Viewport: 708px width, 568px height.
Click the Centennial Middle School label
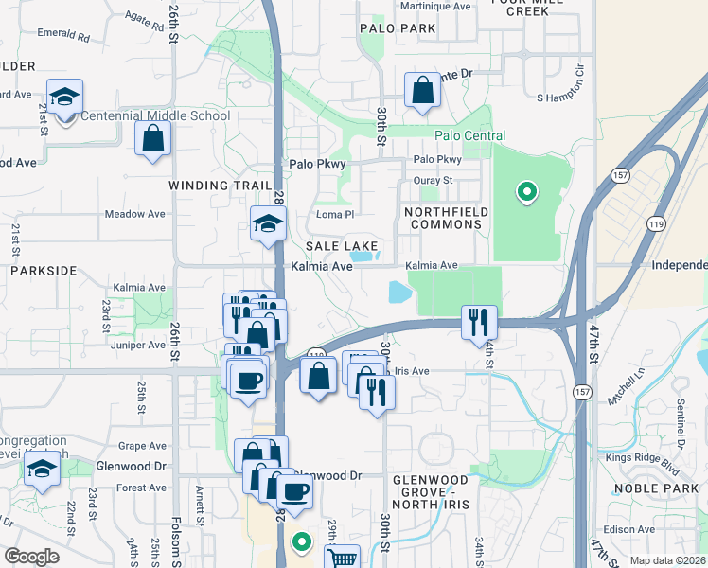click(x=155, y=116)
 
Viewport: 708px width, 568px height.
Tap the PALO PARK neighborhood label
click(x=398, y=28)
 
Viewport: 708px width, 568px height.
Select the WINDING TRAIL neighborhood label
click(x=214, y=186)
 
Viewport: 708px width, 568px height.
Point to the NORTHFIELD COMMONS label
click(x=442, y=218)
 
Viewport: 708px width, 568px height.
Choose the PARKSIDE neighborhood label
click(x=43, y=271)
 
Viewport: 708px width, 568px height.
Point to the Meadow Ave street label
click(x=134, y=215)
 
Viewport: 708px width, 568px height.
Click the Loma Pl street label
click(x=334, y=215)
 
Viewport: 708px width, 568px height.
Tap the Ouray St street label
click(x=434, y=180)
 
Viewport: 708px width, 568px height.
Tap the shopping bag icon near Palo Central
click(x=422, y=92)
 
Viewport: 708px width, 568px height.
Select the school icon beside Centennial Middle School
click(x=64, y=98)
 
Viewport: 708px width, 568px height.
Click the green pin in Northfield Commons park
click(x=525, y=193)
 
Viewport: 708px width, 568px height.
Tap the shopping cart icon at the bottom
click(x=342, y=559)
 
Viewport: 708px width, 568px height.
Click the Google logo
click(x=31, y=557)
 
